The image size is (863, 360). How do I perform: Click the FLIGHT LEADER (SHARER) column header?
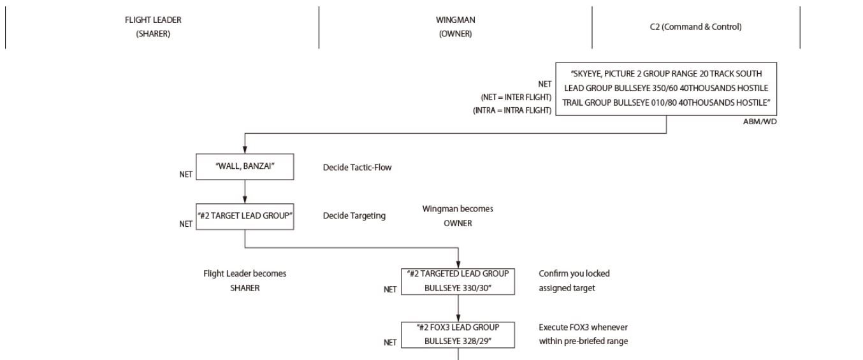click(x=153, y=27)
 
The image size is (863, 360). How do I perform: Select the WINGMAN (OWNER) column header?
click(x=455, y=27)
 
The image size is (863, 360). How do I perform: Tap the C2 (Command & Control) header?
click(x=695, y=27)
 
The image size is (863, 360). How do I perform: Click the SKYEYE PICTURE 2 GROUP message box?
click(x=666, y=89)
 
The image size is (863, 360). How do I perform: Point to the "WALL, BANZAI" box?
click(x=245, y=166)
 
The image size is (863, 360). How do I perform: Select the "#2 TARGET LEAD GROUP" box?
click(x=245, y=217)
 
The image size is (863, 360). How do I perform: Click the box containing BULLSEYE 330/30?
click(x=458, y=280)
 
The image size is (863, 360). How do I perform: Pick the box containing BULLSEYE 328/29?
click(x=458, y=335)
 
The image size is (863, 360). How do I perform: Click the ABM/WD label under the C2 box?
click(x=760, y=122)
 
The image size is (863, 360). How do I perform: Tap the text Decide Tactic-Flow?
click(x=357, y=168)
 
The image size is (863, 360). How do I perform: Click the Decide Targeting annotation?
click(x=354, y=216)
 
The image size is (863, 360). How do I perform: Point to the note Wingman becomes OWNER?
click(x=458, y=216)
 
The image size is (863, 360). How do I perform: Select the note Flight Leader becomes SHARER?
click(x=245, y=280)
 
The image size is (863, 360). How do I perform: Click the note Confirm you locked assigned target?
click(x=574, y=280)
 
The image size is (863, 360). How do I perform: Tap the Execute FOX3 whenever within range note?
click(x=583, y=334)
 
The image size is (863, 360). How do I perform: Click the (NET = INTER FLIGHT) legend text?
click(x=516, y=97)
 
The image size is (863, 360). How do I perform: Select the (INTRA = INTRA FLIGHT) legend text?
click(x=512, y=110)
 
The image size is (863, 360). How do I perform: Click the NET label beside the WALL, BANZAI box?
click(x=185, y=174)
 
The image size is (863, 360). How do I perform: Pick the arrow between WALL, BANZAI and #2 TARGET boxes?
click(x=245, y=192)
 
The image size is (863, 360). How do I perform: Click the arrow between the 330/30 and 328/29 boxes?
click(x=458, y=308)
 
